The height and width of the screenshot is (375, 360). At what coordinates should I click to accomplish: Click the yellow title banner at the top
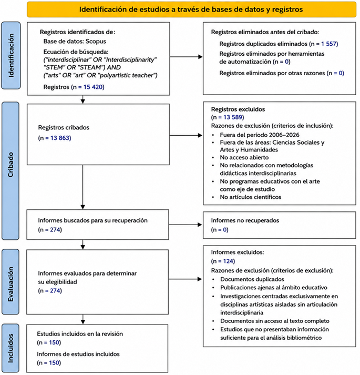pos(191,9)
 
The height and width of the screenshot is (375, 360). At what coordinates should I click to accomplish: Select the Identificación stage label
pos(11,55)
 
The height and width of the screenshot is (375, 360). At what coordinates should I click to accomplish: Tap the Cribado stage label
pos(11,171)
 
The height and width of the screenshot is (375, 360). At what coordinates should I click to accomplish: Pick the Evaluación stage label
pos(11,282)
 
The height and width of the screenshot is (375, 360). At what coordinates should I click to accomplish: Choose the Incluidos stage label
pos(11,348)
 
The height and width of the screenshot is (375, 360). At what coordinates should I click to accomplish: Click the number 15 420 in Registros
pos(93,87)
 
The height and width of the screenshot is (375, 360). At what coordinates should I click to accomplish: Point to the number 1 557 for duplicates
pos(328,44)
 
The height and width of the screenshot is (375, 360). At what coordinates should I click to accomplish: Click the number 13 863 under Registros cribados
pos(60,138)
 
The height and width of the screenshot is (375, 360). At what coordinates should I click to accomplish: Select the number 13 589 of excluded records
pos(233,117)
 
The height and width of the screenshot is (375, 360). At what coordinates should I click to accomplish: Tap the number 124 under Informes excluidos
pos(228,261)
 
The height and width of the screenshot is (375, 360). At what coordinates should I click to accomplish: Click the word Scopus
pos(96,42)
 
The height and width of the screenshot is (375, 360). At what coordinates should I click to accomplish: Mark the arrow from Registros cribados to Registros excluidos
pos(186,135)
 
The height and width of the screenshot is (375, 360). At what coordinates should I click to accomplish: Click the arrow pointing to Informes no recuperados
pos(186,225)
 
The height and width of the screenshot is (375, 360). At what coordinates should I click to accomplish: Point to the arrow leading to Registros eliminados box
pos(186,57)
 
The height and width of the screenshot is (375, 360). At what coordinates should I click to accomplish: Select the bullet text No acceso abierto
pos(244,157)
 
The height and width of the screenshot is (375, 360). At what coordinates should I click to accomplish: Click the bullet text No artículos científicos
pos(250,197)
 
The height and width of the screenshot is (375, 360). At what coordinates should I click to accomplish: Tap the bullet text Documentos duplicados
pos(252,279)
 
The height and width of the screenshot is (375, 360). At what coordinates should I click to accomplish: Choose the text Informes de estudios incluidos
pos(78,354)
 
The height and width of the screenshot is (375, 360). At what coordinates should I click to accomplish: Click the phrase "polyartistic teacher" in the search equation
pos(127,75)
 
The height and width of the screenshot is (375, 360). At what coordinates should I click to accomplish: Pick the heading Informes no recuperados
pos(245,220)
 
